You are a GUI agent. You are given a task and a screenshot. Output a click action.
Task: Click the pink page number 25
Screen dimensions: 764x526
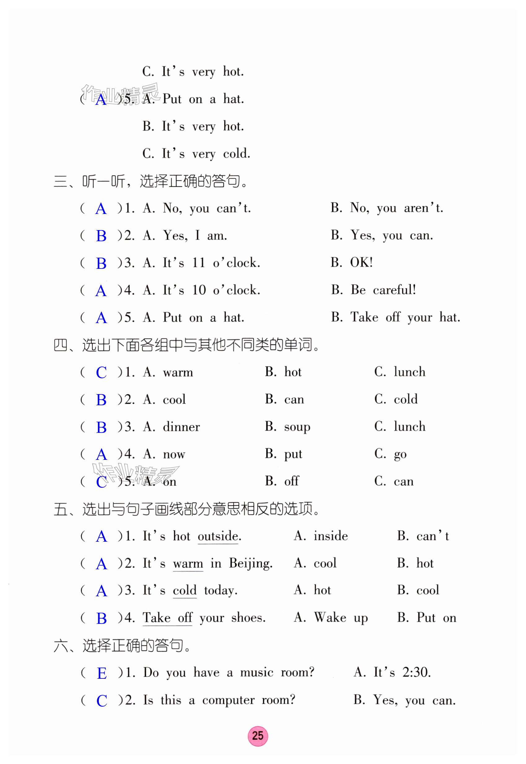coord(258,736)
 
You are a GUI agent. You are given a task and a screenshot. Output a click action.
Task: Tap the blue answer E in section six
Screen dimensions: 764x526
coord(102,673)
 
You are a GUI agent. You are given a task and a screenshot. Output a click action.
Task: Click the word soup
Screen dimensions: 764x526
coord(297,427)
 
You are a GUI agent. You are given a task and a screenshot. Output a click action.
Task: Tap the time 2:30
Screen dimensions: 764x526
coord(416,672)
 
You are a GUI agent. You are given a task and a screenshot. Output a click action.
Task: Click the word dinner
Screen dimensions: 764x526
coord(181,427)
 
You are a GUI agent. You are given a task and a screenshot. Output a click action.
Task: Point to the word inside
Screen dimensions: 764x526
coord(330,536)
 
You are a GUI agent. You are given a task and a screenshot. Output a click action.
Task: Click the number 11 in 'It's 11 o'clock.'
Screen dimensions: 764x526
coord(199,263)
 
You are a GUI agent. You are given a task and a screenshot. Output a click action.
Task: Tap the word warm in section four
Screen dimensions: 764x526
coord(178,372)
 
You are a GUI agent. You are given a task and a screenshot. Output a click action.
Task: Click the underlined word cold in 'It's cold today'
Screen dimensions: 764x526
coord(185,590)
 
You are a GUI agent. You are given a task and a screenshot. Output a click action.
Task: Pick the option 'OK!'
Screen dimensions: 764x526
coord(361,263)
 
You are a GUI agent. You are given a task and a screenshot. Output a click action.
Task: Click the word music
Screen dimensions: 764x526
coord(256,672)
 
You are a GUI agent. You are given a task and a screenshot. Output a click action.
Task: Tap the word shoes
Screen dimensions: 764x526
coord(248,618)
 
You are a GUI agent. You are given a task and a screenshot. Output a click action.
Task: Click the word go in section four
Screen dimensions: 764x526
coord(400,455)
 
